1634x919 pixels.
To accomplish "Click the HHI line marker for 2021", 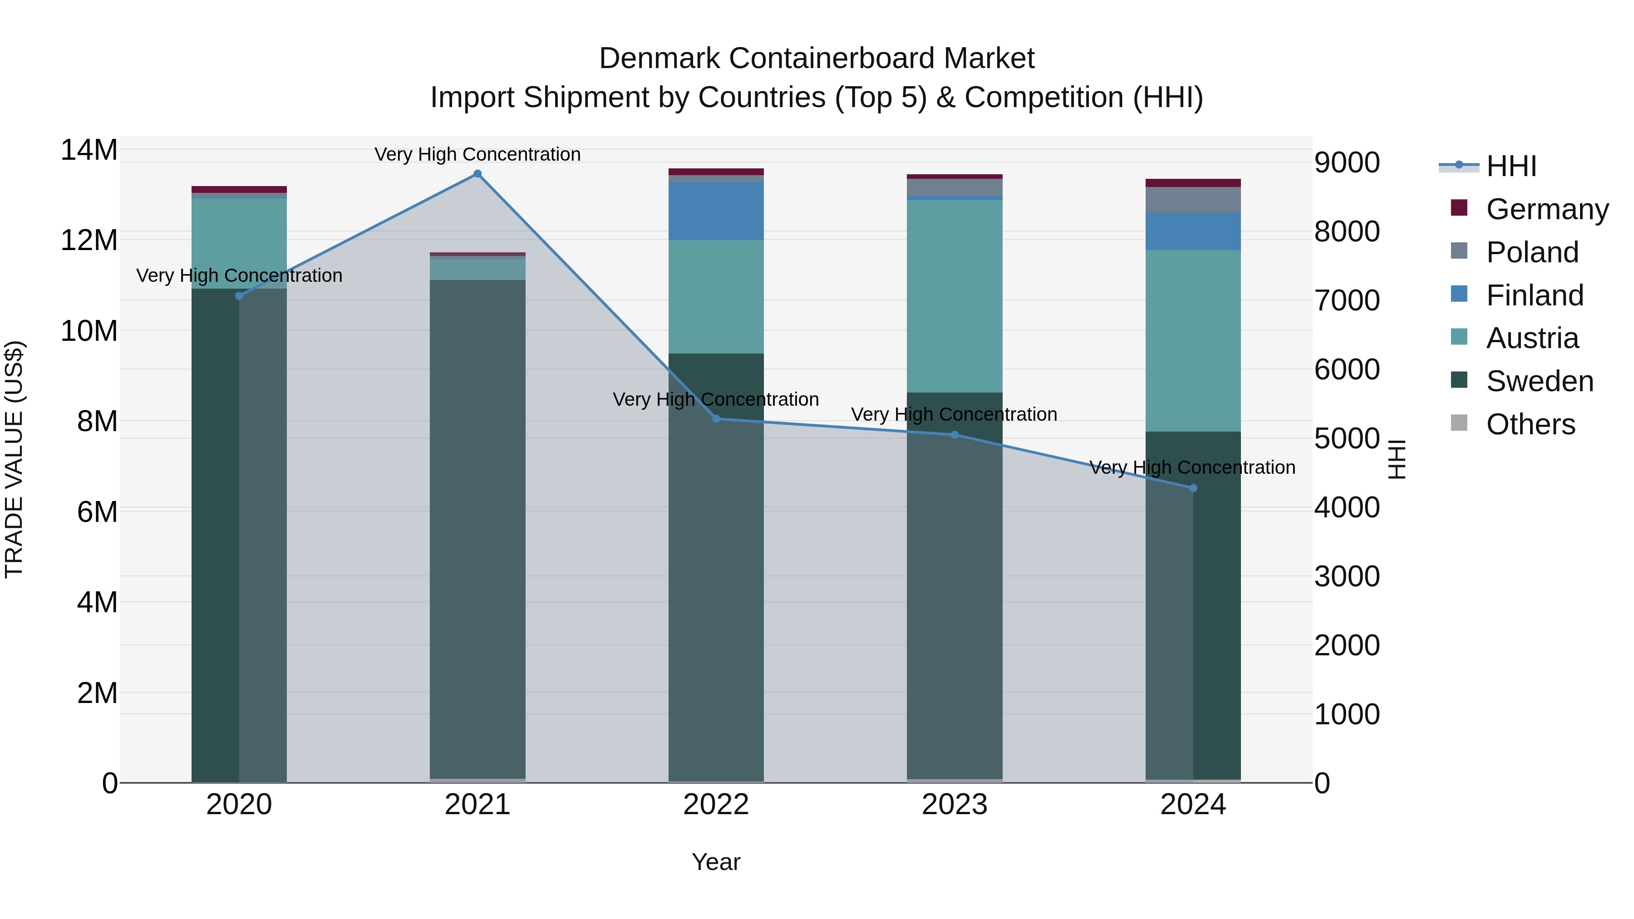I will point(477,174).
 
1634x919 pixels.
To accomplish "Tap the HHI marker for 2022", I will point(716,418).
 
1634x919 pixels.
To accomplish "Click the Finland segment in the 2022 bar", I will point(716,211).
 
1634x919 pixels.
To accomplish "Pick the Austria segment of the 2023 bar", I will point(954,296).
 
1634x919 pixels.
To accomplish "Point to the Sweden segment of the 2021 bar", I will point(477,526).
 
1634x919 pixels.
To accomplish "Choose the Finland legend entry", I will point(1535,295).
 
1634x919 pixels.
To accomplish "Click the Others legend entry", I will point(1530,424).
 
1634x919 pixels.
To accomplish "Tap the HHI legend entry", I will point(1511,166).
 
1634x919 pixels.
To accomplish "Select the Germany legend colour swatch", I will point(1459,208).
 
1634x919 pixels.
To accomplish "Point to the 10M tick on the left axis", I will point(89,331).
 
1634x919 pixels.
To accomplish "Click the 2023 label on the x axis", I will point(954,805).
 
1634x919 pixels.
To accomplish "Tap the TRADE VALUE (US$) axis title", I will point(15,459).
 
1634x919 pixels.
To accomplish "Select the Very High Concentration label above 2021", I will point(477,154).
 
